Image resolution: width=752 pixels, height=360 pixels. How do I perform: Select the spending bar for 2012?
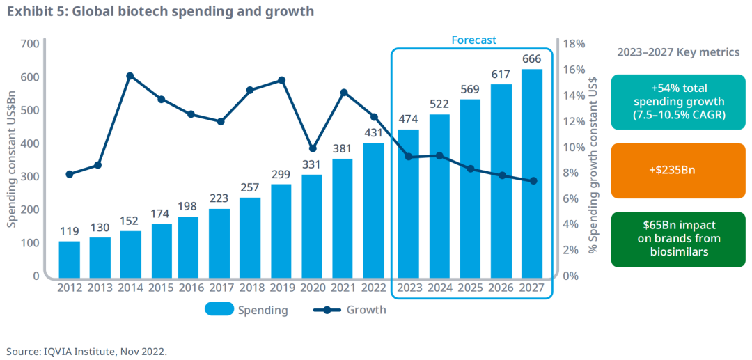pyautogui.click(x=69, y=258)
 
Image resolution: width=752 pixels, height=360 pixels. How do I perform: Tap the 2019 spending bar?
pyautogui.click(x=281, y=230)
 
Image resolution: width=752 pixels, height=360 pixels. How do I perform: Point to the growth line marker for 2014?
pyautogui.click(x=130, y=76)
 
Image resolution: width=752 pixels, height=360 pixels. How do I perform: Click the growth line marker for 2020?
pyautogui.click(x=313, y=148)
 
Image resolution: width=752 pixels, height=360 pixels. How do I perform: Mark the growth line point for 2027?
pyautogui.click(x=533, y=181)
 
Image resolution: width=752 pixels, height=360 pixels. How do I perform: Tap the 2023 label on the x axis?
pyautogui.click(x=409, y=288)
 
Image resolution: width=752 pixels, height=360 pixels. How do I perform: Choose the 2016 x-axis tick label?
pyautogui.click(x=191, y=288)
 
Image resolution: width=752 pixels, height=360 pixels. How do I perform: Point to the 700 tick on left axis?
pyautogui.click(x=29, y=44)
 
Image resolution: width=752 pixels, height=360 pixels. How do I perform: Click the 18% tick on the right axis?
pyautogui.click(x=574, y=44)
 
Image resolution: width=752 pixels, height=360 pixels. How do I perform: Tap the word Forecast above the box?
pyautogui.click(x=473, y=40)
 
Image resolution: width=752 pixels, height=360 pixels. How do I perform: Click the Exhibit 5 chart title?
pyautogui.click(x=160, y=12)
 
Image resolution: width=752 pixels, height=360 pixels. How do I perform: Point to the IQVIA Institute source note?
pyautogui.click(x=87, y=351)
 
